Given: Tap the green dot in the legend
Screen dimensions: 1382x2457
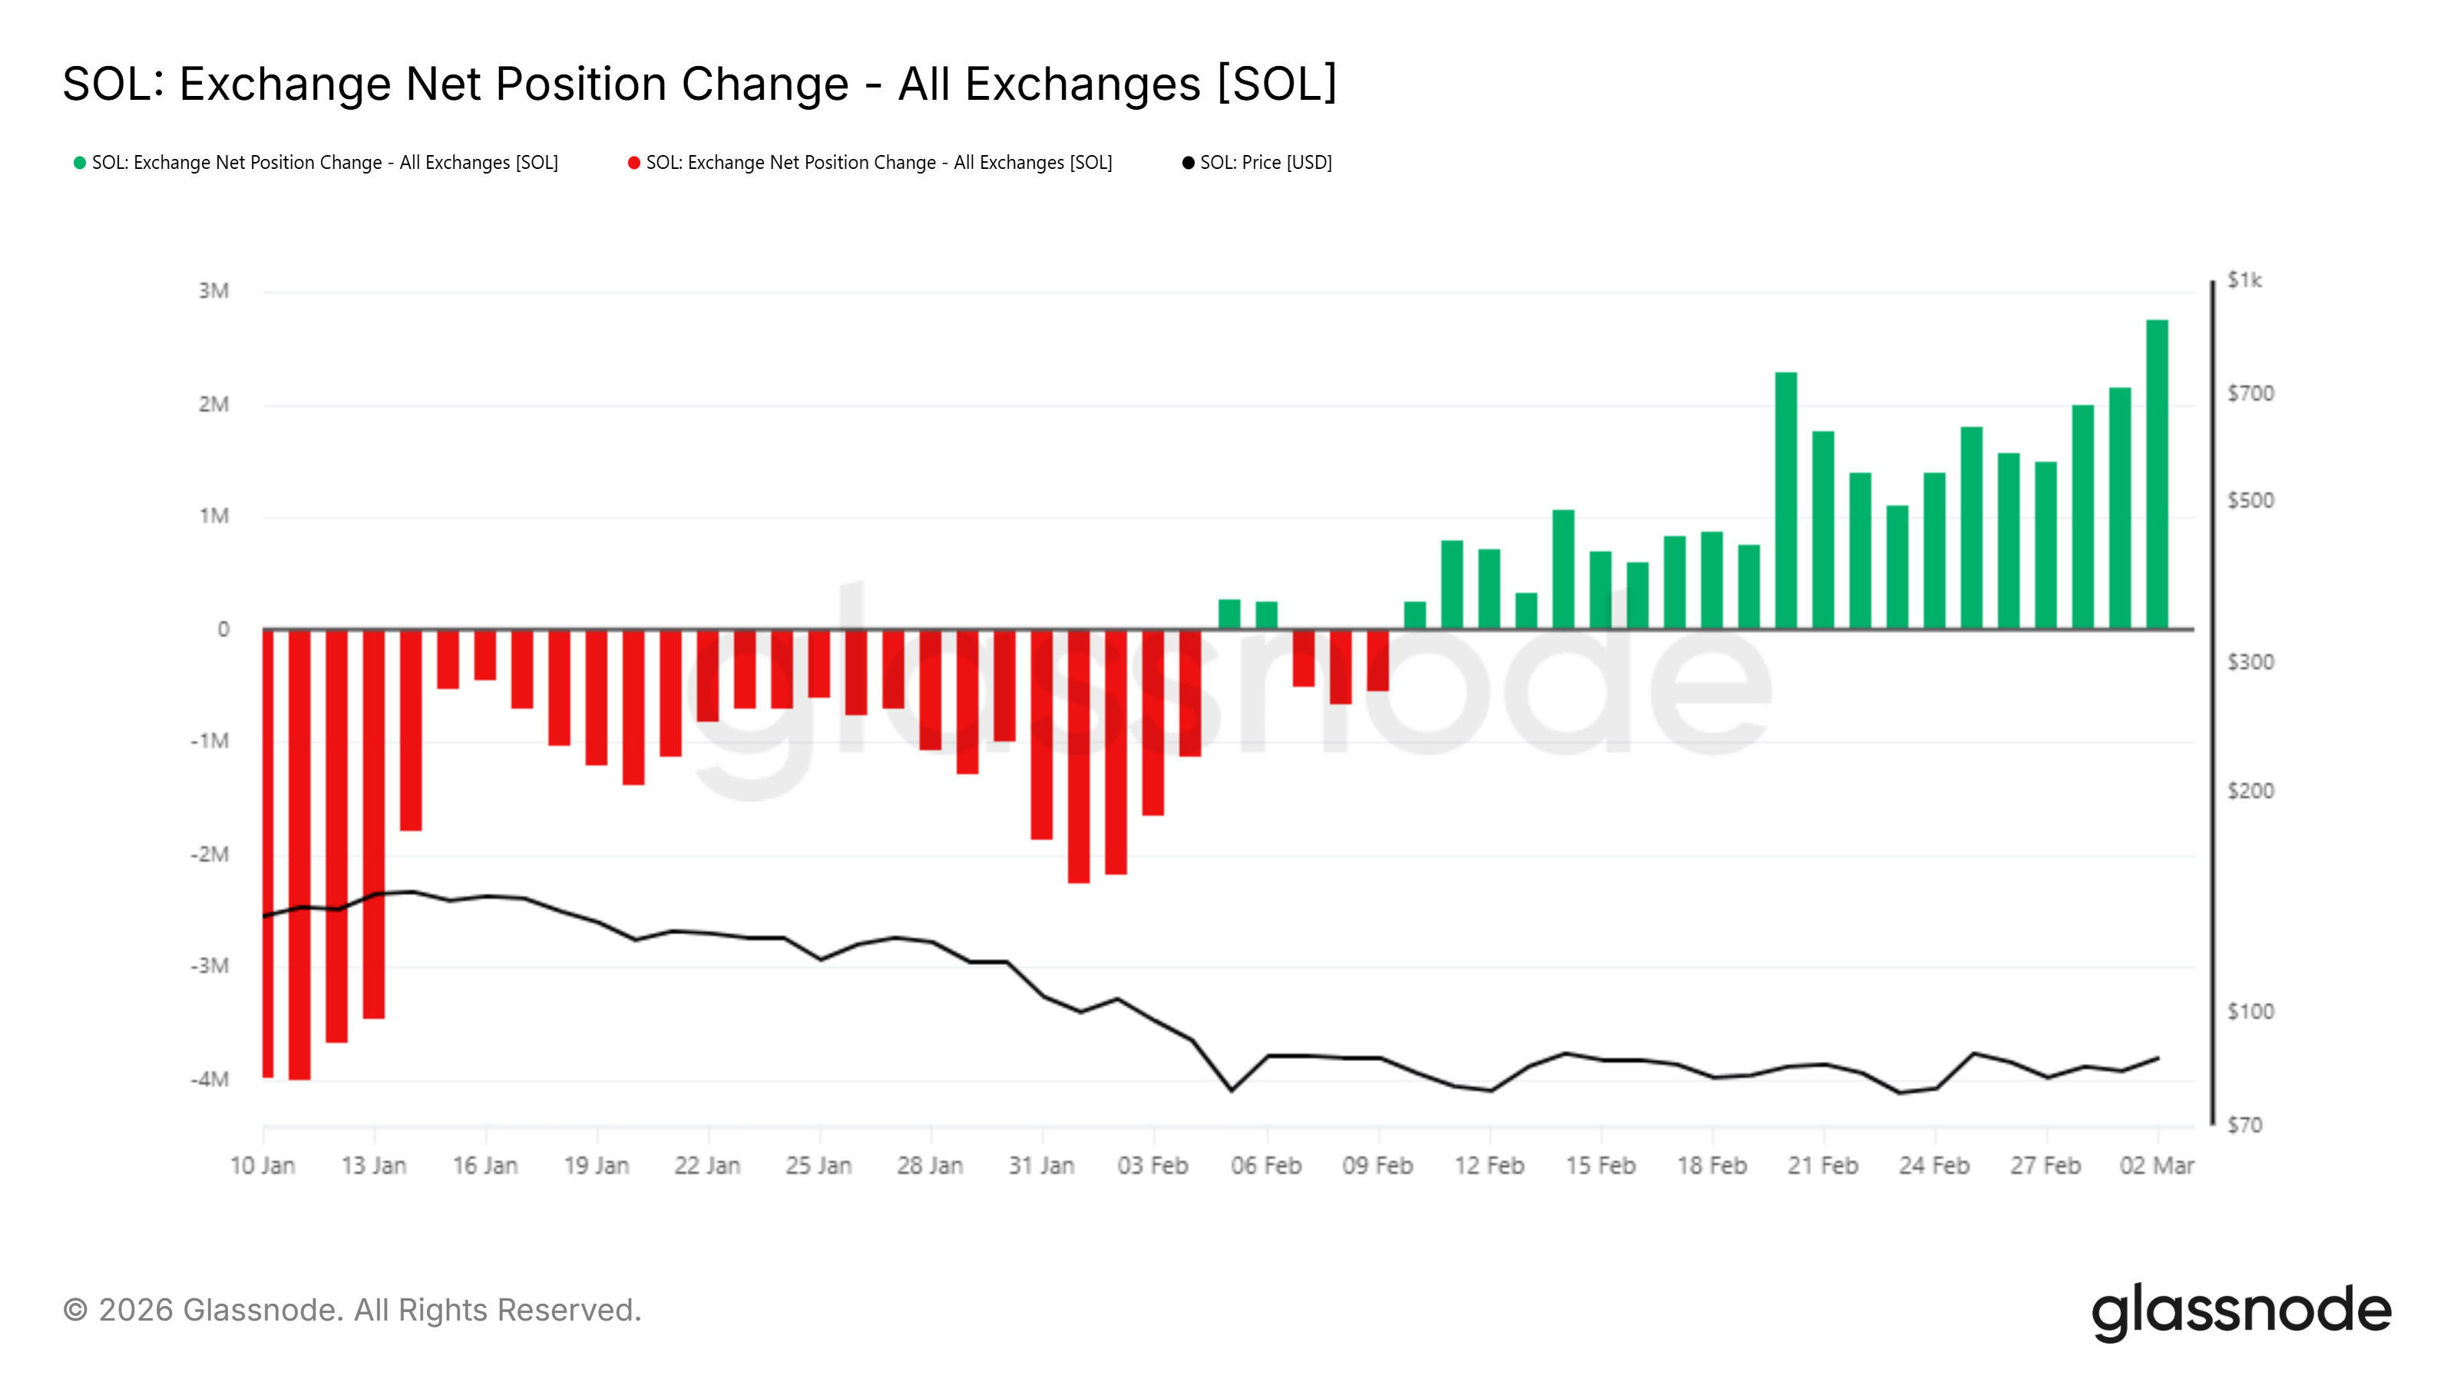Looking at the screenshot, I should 80,163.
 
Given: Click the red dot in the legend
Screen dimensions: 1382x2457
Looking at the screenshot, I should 633,163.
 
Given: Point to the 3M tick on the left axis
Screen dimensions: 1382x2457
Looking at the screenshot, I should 213,291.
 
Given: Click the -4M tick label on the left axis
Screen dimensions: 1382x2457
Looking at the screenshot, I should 210,1079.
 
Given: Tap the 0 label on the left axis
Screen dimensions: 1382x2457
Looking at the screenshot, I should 223,630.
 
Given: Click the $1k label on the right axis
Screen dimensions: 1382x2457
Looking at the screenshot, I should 2244,280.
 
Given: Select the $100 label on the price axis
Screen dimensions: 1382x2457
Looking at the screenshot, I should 2250,1012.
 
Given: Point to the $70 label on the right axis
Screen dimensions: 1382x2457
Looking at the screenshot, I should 2244,1126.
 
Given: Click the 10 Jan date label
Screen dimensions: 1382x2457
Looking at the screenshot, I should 263,1165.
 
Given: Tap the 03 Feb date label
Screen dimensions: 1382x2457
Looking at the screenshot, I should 1153,1165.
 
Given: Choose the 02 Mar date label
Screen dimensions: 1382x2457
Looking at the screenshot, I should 2157,1165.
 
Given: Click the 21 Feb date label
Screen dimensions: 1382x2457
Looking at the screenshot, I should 1823,1165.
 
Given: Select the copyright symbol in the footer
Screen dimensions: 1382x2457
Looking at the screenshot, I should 75,1311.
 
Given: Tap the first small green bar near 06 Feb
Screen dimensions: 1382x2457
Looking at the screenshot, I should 1229,614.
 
